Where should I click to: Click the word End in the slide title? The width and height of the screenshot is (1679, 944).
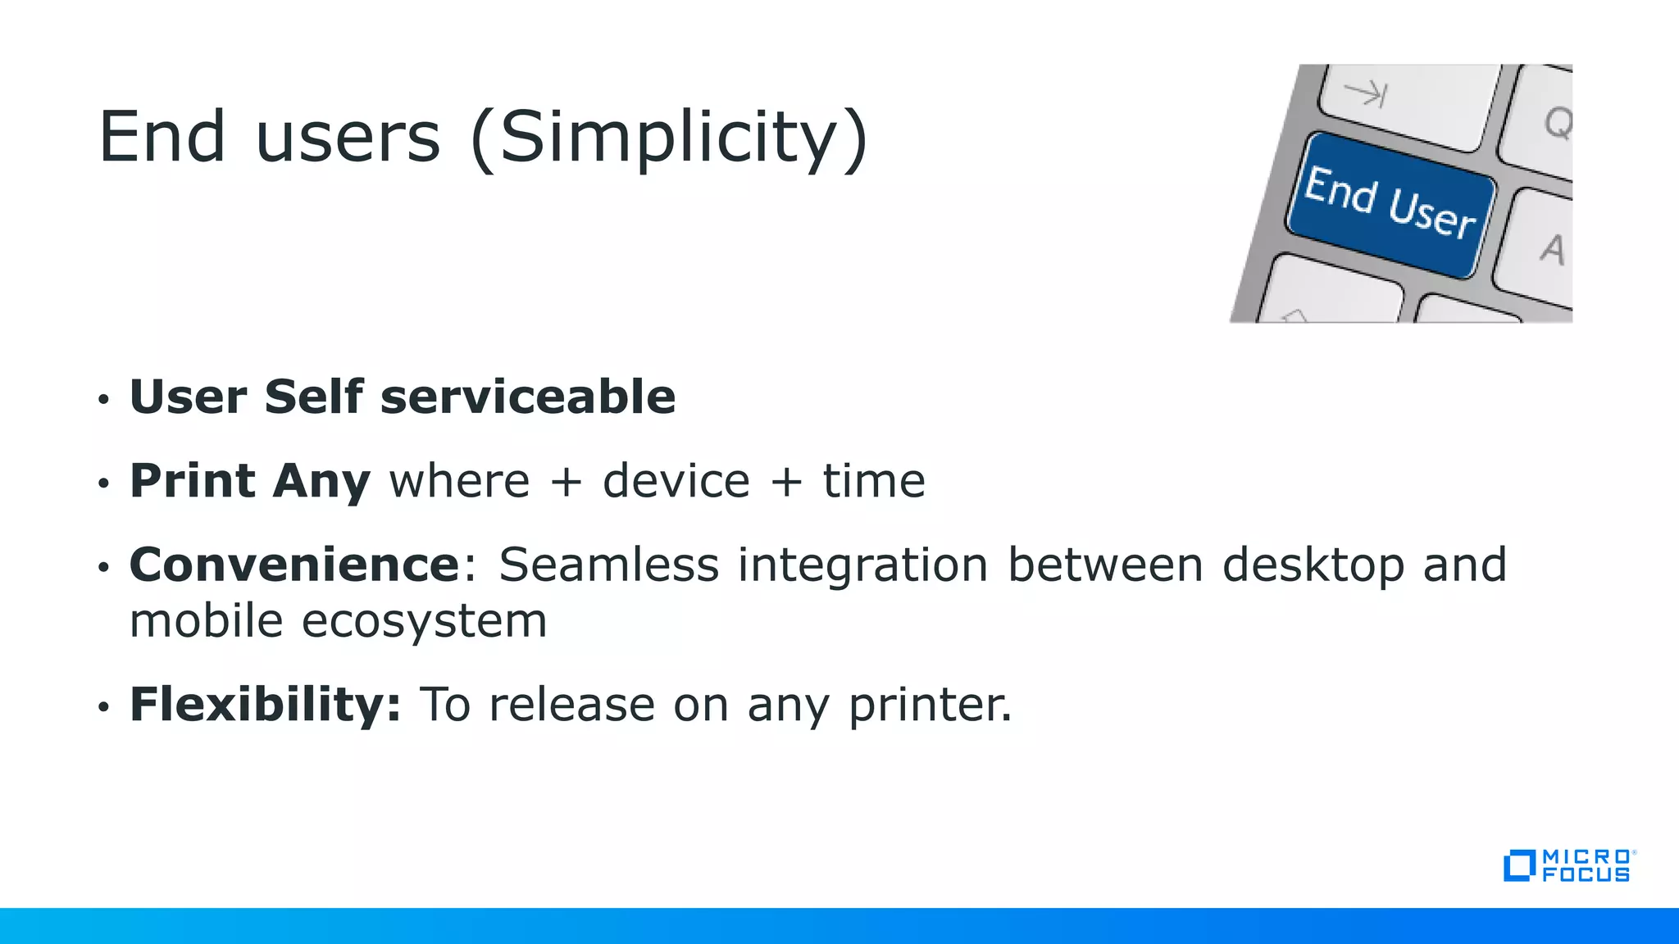pyautogui.click(x=162, y=137)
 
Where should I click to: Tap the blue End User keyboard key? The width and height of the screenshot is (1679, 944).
pyautogui.click(x=1390, y=205)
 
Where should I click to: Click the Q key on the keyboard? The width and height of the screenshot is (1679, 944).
pyautogui.click(x=1556, y=123)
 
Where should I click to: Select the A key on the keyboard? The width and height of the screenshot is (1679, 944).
pyautogui.click(x=1551, y=249)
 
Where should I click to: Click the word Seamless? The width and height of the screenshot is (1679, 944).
pyautogui.click(x=608, y=565)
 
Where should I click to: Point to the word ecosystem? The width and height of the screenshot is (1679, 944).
pyautogui.click(x=424, y=621)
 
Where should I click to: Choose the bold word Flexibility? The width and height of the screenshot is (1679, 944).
pyautogui.click(x=265, y=704)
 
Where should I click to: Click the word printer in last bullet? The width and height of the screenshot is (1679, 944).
pyautogui.click(x=930, y=705)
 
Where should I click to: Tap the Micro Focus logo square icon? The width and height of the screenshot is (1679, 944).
pyautogui.click(x=1518, y=866)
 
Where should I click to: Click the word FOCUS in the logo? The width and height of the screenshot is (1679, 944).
pyautogui.click(x=1586, y=875)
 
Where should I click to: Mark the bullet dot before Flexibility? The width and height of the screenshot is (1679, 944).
pyautogui.click(x=103, y=706)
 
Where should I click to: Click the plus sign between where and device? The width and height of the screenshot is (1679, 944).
pyautogui.click(x=566, y=481)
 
